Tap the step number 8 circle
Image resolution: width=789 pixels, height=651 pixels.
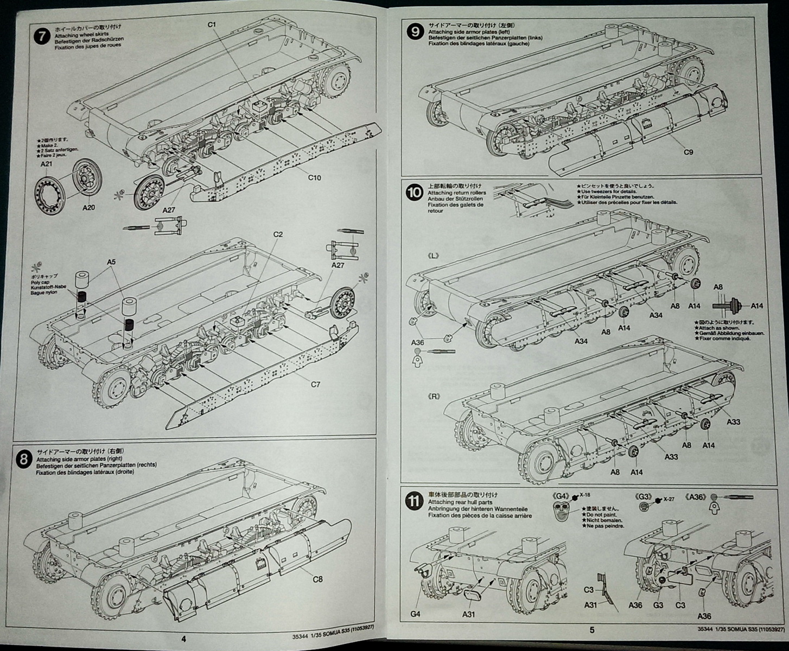click(23, 460)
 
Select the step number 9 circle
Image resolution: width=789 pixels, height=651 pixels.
click(415, 32)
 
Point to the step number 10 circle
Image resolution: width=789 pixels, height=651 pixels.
click(415, 192)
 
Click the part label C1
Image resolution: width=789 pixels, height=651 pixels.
click(212, 25)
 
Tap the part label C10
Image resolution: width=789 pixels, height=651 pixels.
click(315, 177)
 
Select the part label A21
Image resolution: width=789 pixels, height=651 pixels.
click(46, 163)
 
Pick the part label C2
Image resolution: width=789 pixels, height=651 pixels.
click(278, 234)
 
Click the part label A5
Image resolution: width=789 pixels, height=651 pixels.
click(111, 262)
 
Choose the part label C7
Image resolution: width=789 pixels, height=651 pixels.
click(315, 385)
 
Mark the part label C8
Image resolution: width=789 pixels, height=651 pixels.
click(317, 579)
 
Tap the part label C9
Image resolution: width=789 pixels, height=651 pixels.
click(688, 152)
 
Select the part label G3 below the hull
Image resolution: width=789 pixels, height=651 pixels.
click(658, 605)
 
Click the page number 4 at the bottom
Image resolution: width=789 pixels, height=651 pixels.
click(183, 639)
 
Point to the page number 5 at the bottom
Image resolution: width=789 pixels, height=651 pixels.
click(592, 630)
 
